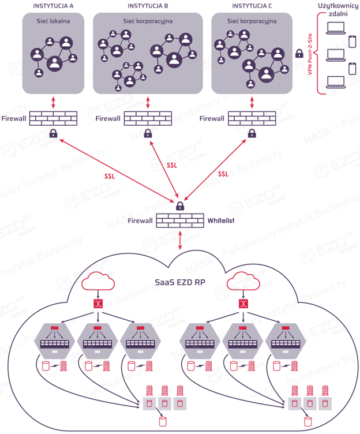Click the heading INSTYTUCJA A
[53, 6]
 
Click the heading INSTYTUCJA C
[252, 6]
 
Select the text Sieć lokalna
[53, 21]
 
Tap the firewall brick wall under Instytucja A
[53, 118]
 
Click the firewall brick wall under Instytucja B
[148, 118]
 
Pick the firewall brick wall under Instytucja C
[252, 118]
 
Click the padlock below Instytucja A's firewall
[53, 134]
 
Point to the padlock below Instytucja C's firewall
[252, 134]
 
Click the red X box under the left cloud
[98, 304]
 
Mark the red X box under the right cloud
[243, 304]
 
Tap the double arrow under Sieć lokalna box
[53, 101]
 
